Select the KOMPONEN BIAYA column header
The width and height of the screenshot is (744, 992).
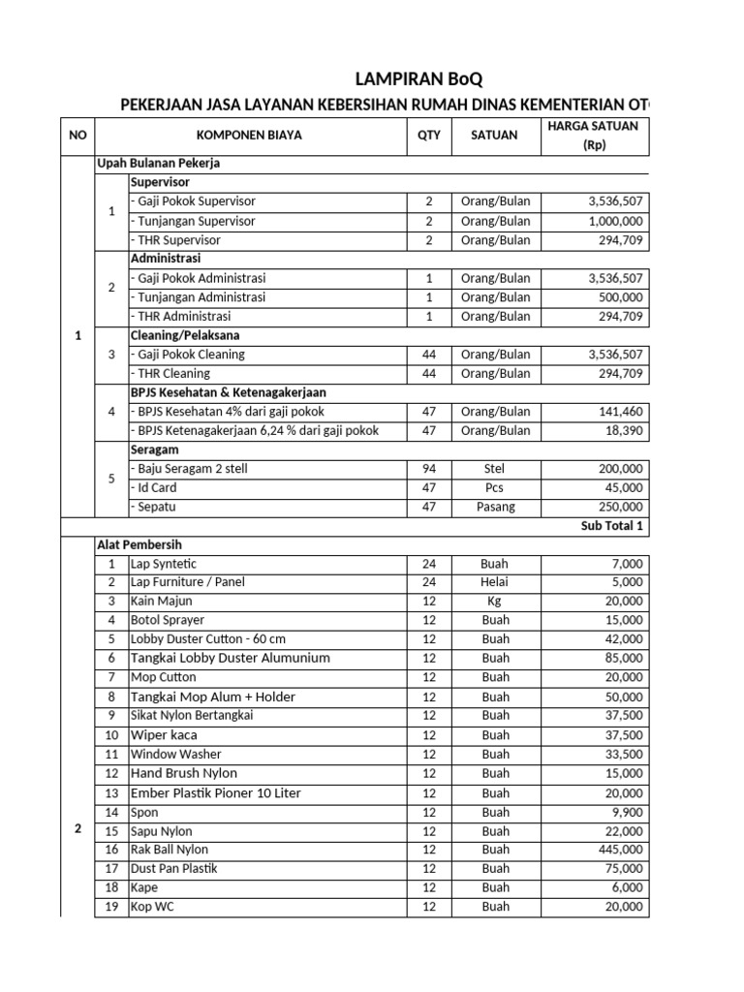(249, 136)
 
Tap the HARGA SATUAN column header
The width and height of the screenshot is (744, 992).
(594, 136)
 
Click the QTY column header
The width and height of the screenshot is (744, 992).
(428, 136)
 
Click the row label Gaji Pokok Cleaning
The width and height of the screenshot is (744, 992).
(189, 355)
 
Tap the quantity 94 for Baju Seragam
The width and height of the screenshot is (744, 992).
(428, 469)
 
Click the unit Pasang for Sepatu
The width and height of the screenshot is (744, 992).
(495, 507)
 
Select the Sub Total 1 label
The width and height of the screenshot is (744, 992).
(612, 526)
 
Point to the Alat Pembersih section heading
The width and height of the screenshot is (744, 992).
(139, 545)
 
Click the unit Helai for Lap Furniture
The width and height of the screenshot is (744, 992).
(495, 582)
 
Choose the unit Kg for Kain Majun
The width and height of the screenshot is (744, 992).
(495, 602)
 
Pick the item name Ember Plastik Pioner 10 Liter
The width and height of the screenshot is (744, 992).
(216, 792)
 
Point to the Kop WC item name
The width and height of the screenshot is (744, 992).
(153, 907)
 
